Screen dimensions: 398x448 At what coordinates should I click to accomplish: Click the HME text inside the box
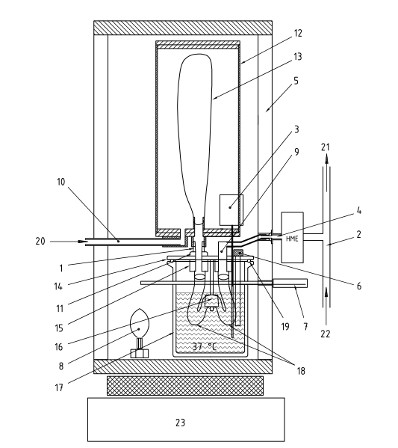pyautogui.click(x=292, y=239)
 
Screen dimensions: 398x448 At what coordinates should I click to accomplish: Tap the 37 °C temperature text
pyautogui.click(x=205, y=346)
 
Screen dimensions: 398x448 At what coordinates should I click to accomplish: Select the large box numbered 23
pyautogui.click(x=186, y=420)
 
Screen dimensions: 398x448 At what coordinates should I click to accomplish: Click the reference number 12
pyautogui.click(x=298, y=33)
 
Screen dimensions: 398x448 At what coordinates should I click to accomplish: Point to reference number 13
pyautogui.click(x=298, y=57)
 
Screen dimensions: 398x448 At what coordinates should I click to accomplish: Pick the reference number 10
pyautogui.click(x=60, y=182)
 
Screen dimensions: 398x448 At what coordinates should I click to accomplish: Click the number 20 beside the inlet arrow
pyautogui.click(x=40, y=241)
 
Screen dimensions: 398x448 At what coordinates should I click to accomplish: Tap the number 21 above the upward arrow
pyautogui.click(x=326, y=147)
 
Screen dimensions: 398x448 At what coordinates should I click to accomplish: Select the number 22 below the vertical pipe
pyautogui.click(x=326, y=334)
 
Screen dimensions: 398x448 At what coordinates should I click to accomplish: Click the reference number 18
pyautogui.click(x=301, y=371)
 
